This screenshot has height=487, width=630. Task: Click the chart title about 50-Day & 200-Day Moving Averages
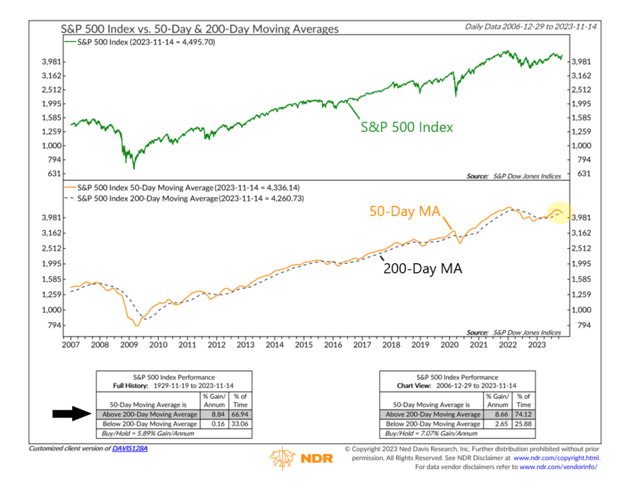click(199, 29)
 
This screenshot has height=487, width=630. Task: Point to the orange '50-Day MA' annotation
click(403, 212)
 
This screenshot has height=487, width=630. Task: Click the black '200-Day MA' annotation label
click(422, 269)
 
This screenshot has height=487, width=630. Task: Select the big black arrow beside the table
click(73, 414)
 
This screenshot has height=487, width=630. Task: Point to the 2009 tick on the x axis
click(129, 345)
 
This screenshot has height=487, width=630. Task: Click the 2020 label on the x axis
click(448, 345)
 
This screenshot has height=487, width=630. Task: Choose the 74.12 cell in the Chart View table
click(523, 415)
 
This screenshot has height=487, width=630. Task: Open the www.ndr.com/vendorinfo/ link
click(558, 466)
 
